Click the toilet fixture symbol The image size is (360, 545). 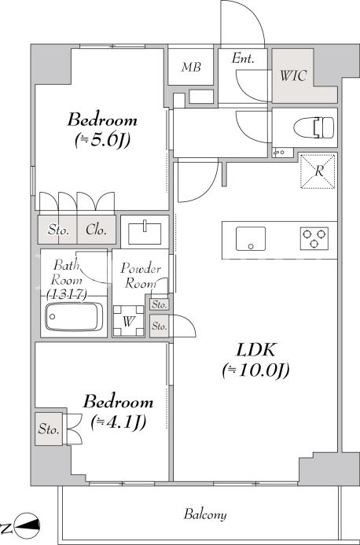pyautogui.click(x=314, y=127)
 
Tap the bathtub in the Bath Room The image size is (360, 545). pyautogui.click(x=74, y=317)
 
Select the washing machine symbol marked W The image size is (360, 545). pyautogui.click(x=129, y=321)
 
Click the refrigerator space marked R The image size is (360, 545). pyautogui.click(x=318, y=171)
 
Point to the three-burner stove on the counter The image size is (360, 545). pyautogui.click(x=314, y=238)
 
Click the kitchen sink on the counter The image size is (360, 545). pyautogui.click(x=251, y=239)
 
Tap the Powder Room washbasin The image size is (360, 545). pyautogui.click(x=145, y=233)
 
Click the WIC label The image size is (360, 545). pyautogui.click(x=293, y=75)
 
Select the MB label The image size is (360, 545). pyautogui.click(x=191, y=67)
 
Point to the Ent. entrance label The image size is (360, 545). pyautogui.click(x=243, y=58)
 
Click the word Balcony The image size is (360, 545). pyautogui.click(x=205, y=514)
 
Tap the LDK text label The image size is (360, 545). pyautogui.click(x=256, y=350)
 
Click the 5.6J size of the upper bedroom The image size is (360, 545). pyautogui.click(x=102, y=140)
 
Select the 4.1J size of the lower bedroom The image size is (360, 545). pyautogui.click(x=118, y=422)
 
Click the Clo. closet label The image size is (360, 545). pyautogui.click(x=96, y=230)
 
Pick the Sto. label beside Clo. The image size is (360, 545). pyautogui.click(x=58, y=230)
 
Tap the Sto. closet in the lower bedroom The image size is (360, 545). pyautogui.click(x=49, y=429)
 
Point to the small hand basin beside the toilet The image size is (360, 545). pyautogui.click(x=278, y=153)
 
